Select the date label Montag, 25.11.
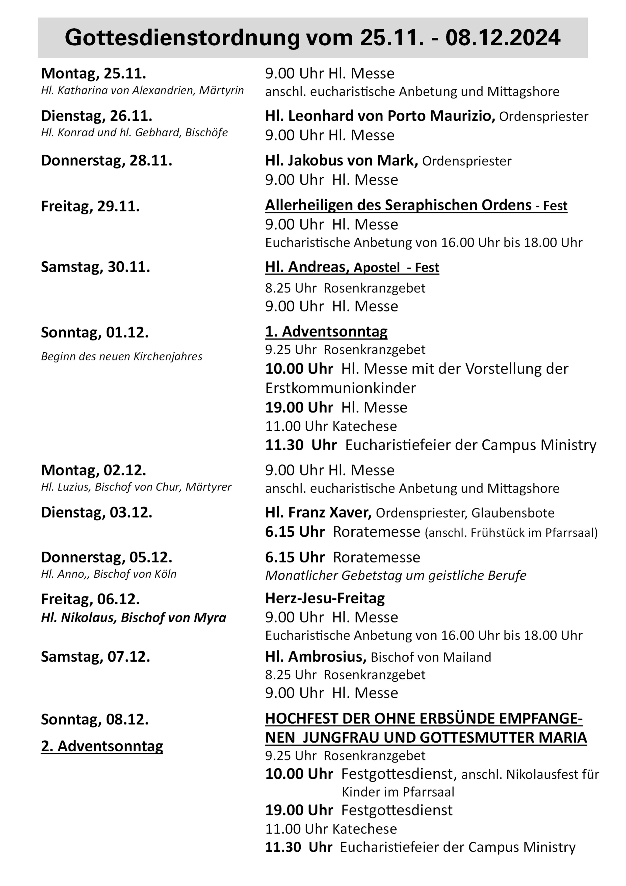point(93,73)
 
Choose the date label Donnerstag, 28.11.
point(107,161)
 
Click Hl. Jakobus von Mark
point(341,161)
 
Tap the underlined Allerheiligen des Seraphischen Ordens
point(398,205)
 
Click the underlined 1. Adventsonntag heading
point(326,331)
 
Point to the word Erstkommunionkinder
point(341,388)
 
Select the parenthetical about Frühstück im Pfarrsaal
point(511,533)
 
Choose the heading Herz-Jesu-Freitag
point(325,599)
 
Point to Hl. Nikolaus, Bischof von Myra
point(134,618)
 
